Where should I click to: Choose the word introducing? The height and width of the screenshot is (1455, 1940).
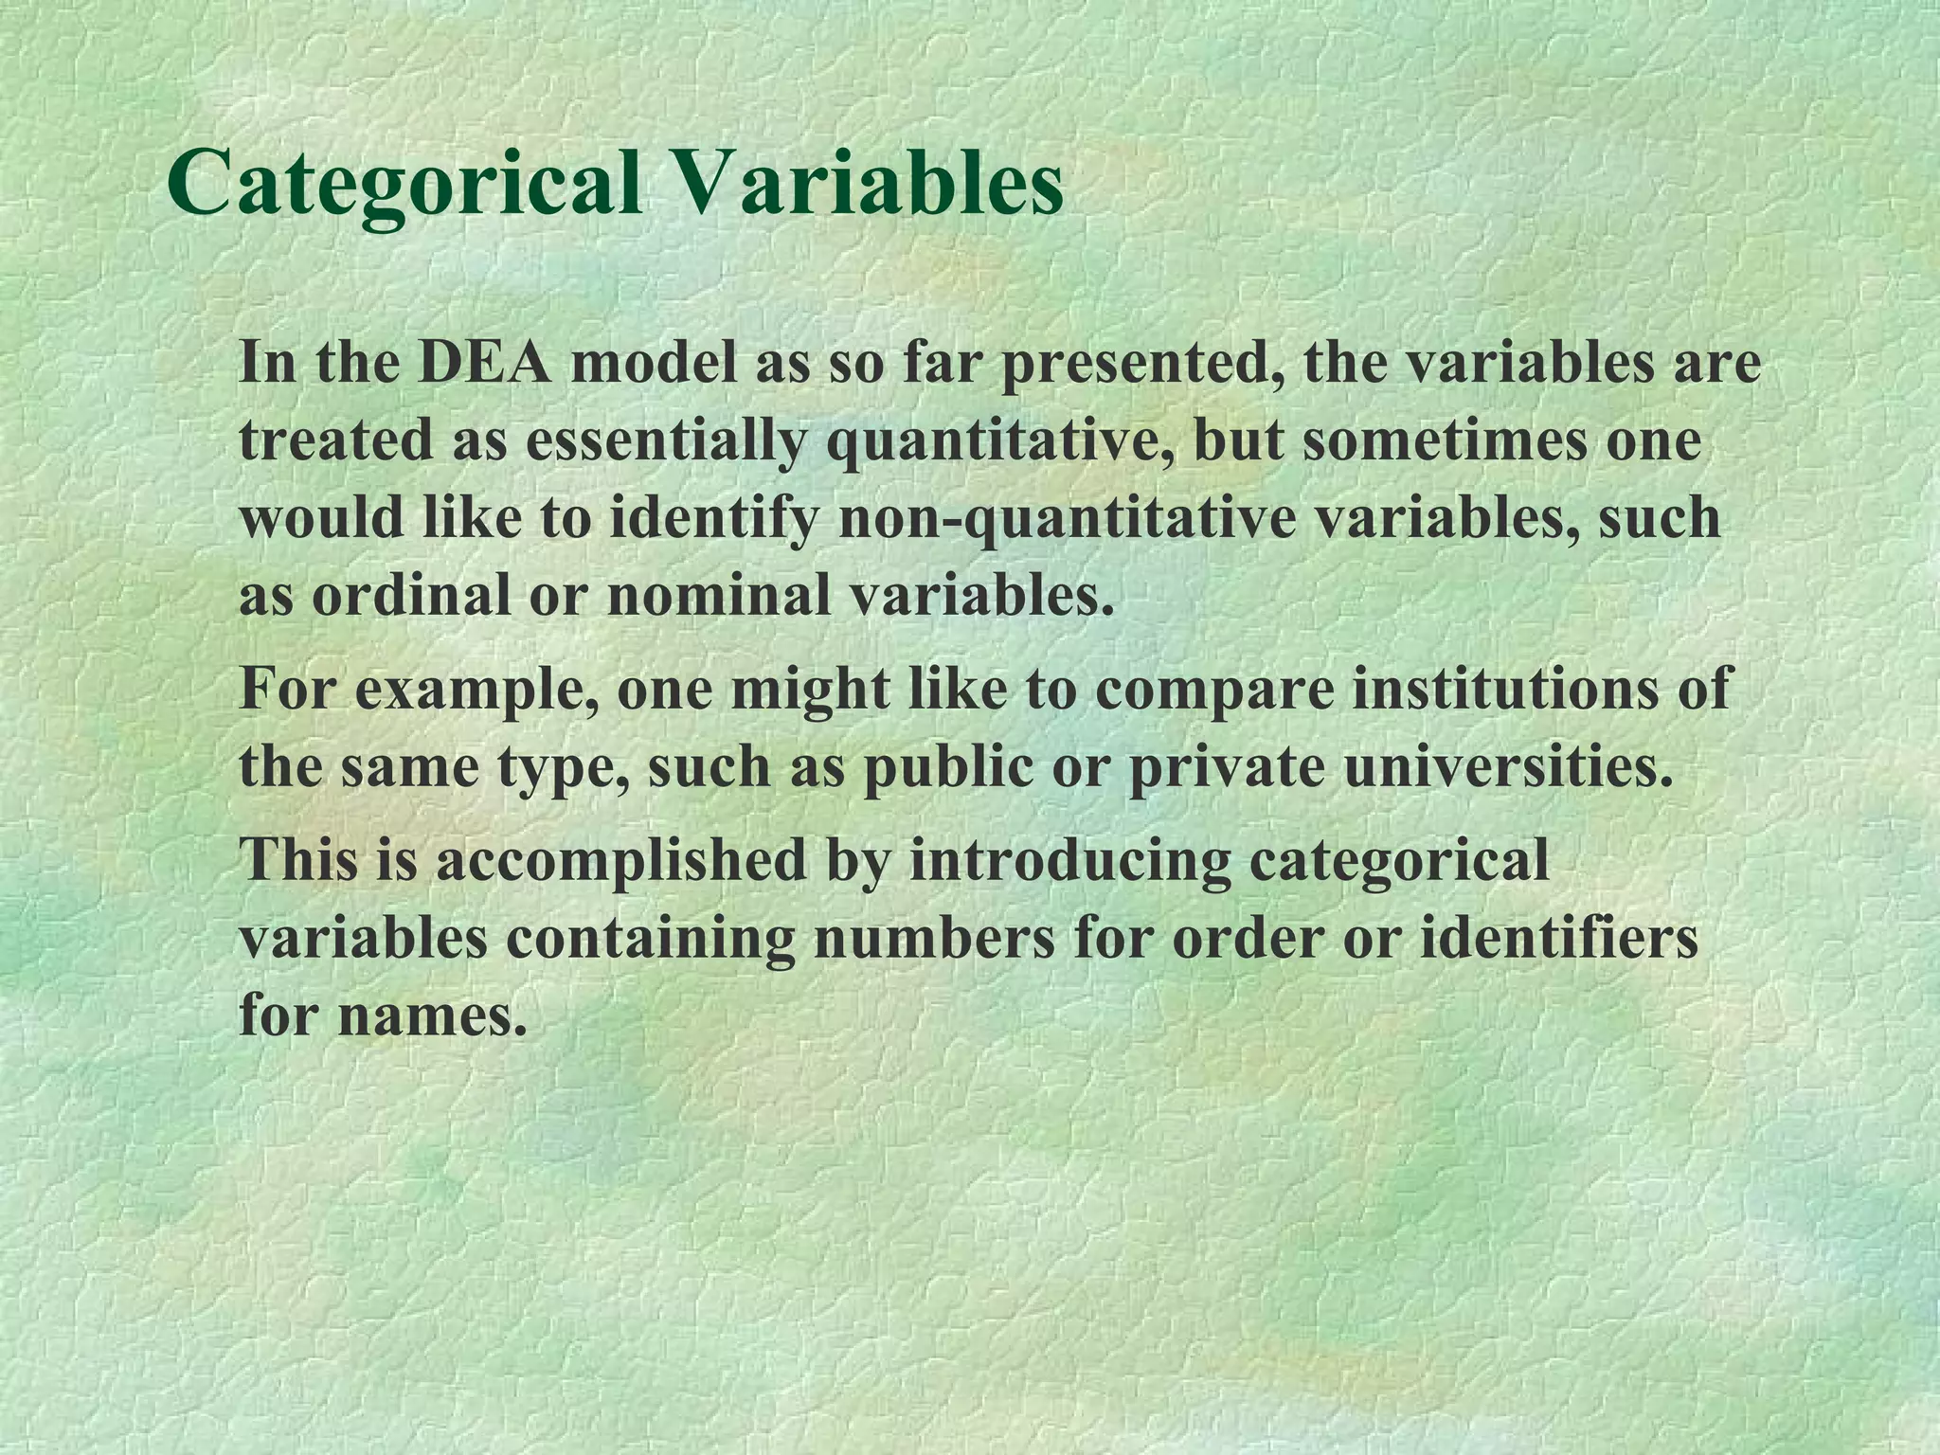click(x=1069, y=859)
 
